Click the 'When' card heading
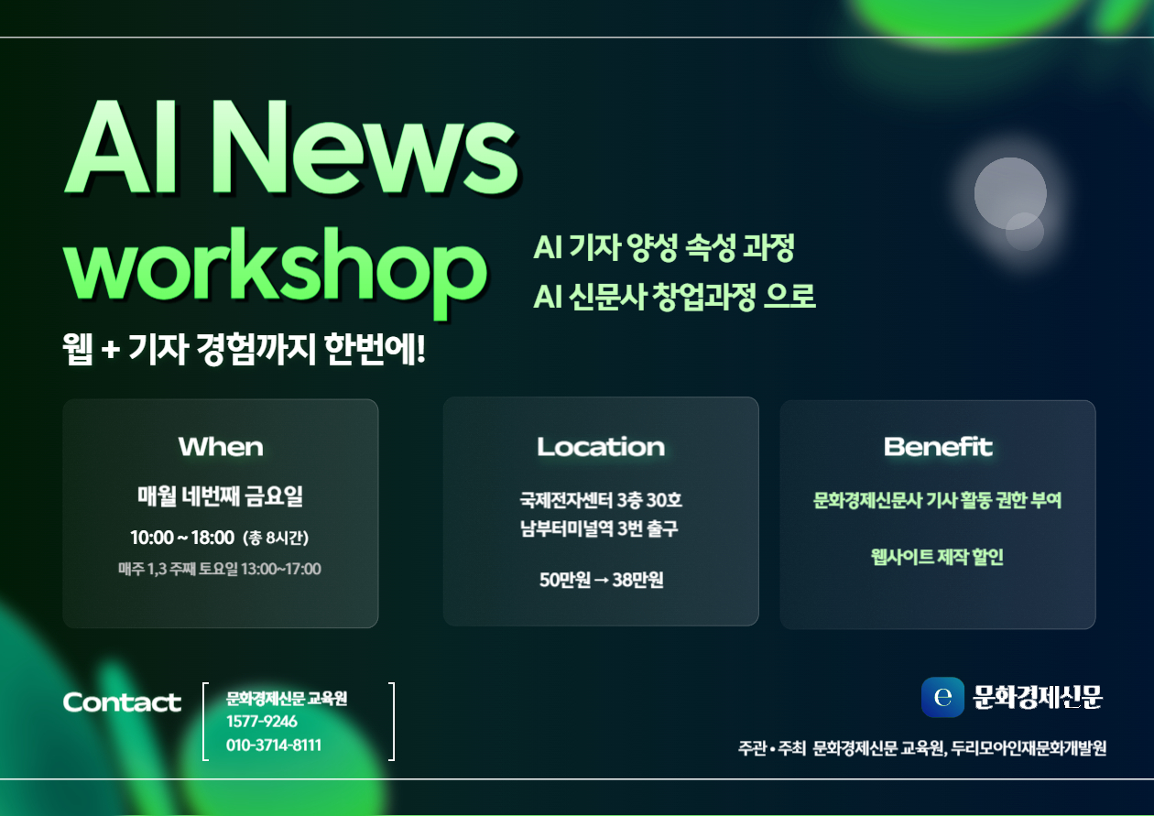tap(221, 447)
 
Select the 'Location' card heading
tap(601, 447)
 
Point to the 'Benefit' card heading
tap(938, 447)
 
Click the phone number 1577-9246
tap(262, 722)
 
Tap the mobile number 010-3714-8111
tap(274, 745)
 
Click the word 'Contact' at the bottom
tap(122, 702)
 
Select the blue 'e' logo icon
tap(942, 697)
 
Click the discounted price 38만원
tap(637, 580)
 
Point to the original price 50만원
tap(564, 580)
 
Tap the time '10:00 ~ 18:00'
tap(182, 538)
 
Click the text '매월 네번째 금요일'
tap(221, 496)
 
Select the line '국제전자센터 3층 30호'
tap(601, 500)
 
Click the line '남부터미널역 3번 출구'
tap(599, 528)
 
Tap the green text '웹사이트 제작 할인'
tap(937, 557)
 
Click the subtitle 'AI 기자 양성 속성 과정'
tap(663, 247)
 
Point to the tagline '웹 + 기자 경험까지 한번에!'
tap(245, 349)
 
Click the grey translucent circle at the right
tap(1009, 194)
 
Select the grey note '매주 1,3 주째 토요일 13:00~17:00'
tap(220, 570)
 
